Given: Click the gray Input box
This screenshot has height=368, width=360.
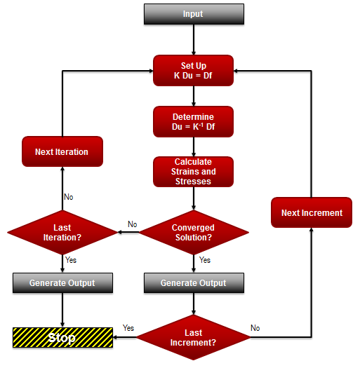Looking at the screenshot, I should pyautogui.click(x=193, y=14).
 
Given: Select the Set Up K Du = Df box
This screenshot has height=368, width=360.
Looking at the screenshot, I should pyautogui.click(x=193, y=70).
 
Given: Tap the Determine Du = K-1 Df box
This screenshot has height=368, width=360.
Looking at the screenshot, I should pyautogui.click(x=193, y=121).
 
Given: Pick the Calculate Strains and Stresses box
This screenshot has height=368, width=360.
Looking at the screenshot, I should pyautogui.click(x=193, y=172).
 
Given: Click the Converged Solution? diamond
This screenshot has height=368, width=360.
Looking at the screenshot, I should pyautogui.click(x=193, y=232).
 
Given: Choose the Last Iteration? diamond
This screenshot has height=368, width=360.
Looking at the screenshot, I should pyautogui.click(x=62, y=232).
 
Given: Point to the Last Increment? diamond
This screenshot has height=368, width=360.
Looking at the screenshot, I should pyautogui.click(x=193, y=338).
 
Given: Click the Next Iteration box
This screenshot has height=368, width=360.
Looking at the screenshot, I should pyautogui.click(x=62, y=151).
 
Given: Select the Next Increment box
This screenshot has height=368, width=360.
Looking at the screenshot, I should pyautogui.click(x=312, y=212).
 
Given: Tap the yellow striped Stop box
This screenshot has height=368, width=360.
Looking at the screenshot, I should pyautogui.click(x=62, y=338).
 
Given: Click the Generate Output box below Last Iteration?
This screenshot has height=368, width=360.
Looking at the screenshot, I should pyautogui.click(x=62, y=283).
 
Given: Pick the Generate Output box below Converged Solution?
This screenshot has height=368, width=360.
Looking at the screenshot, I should pyautogui.click(x=193, y=283).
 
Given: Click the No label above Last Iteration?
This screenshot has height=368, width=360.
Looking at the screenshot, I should pyautogui.click(x=69, y=197).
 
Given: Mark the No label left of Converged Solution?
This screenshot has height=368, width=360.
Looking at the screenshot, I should pyautogui.click(x=132, y=224).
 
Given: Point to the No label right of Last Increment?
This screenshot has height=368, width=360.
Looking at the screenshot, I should pyautogui.click(x=255, y=327).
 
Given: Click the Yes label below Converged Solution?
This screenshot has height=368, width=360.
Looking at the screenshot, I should pyautogui.click(x=205, y=260).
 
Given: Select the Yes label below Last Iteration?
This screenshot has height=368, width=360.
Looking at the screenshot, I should pyautogui.click(x=71, y=260).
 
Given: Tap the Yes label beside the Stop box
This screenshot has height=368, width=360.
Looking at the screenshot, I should pyautogui.click(x=128, y=327).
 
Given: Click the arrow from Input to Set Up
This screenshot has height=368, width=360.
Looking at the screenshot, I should pyautogui.click(x=193, y=39).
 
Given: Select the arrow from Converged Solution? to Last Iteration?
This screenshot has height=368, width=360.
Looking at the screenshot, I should pyautogui.click(x=128, y=232).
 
